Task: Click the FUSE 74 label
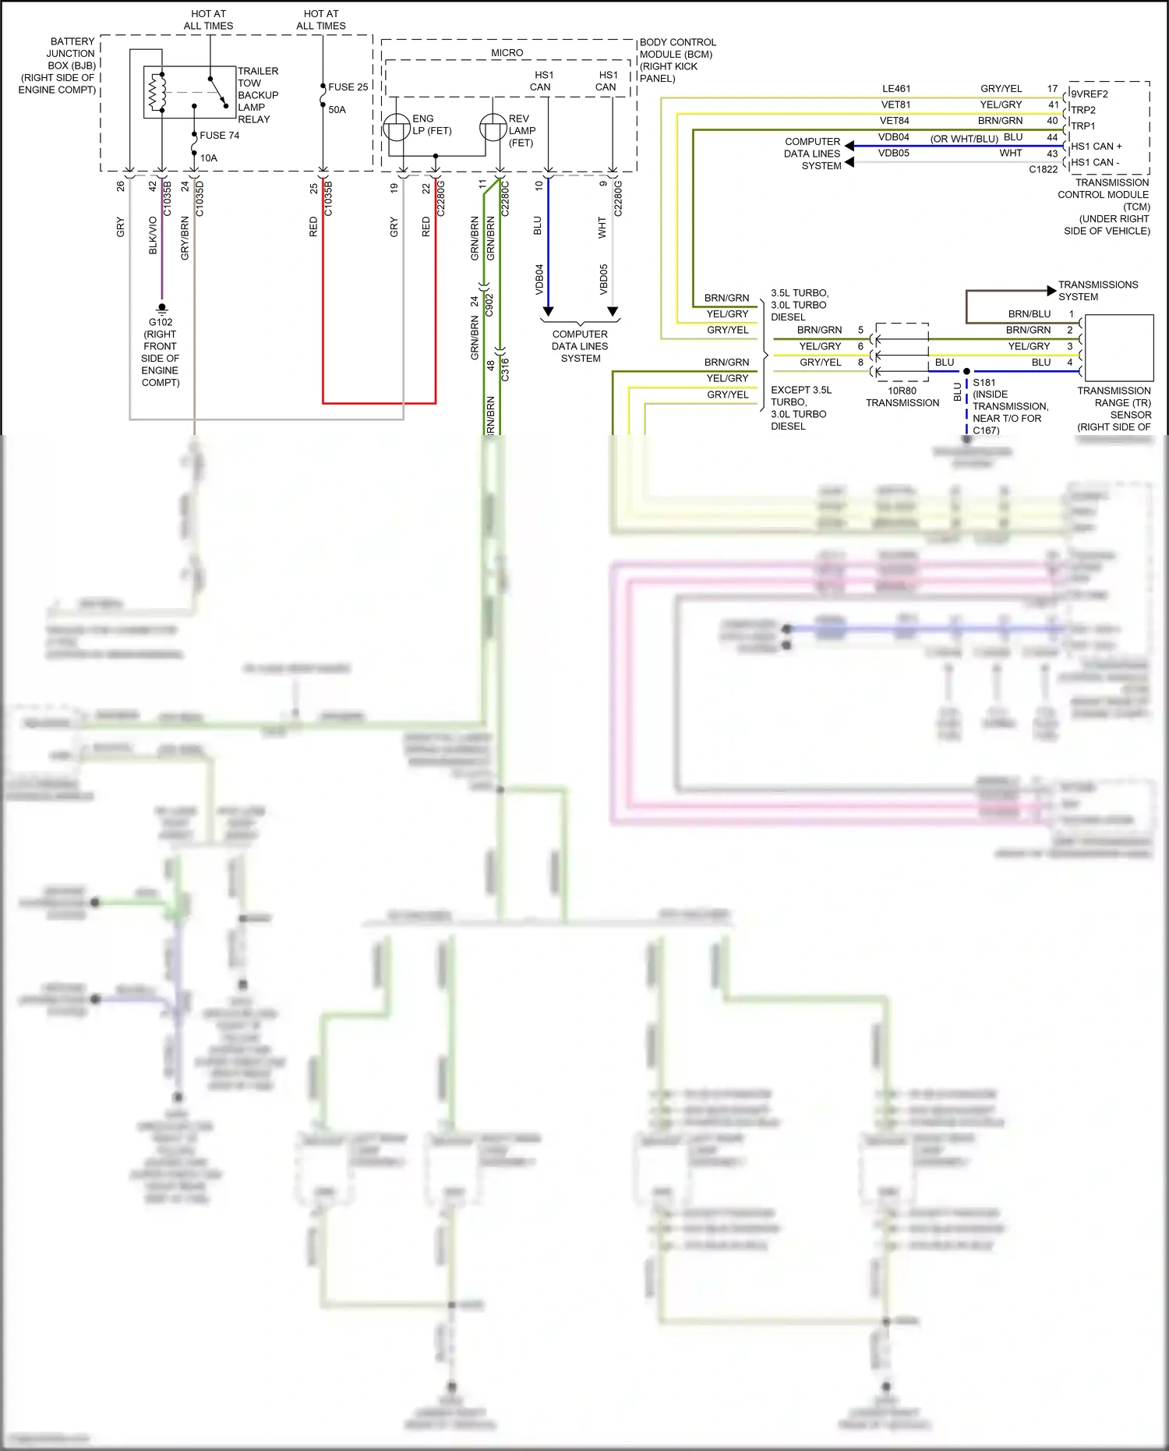point(219,136)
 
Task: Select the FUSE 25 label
point(348,87)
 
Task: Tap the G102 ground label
point(161,322)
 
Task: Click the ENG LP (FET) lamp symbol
point(397,126)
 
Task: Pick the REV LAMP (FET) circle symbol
point(493,126)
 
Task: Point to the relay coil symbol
point(154,92)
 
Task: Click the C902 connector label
point(489,304)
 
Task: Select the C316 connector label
point(505,369)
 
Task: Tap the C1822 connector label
point(1043,169)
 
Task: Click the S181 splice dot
point(966,371)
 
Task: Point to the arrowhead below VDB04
point(548,312)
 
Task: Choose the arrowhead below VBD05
point(613,312)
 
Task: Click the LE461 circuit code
point(895,89)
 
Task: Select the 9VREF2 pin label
point(1090,94)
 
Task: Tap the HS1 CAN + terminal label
point(1096,147)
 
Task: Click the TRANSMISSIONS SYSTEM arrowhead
point(1051,291)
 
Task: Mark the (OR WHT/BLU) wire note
point(964,139)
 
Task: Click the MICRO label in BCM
point(507,53)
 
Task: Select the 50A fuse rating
point(337,110)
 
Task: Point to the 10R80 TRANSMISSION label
point(902,397)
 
